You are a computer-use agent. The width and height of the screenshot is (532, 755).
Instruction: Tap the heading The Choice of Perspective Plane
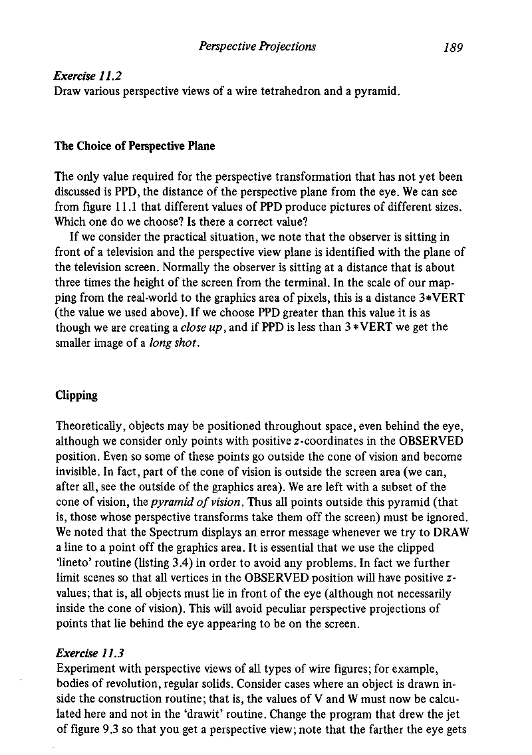tap(135, 146)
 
